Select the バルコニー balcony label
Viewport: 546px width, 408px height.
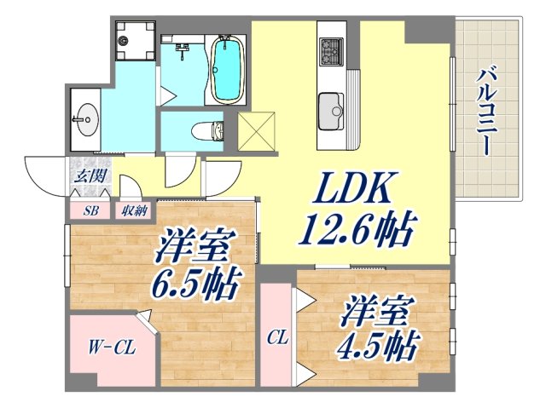coord(484,109)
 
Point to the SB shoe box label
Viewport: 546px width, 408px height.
coord(90,210)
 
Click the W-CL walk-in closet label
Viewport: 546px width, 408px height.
coord(109,348)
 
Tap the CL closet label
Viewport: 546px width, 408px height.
coord(277,337)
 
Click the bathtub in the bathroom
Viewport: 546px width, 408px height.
coord(226,68)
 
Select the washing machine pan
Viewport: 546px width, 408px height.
coord(135,40)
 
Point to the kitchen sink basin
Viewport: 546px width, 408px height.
coord(330,109)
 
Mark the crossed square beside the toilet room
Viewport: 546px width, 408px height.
coord(257,132)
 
